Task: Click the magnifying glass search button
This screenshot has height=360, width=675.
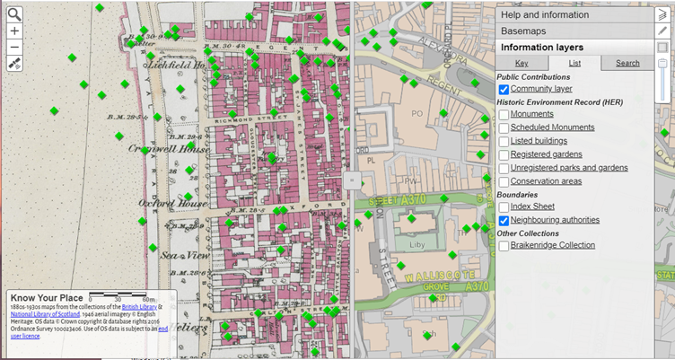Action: click(14, 13)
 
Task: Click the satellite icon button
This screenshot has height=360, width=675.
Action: click(14, 64)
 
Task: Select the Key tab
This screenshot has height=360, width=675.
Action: click(522, 63)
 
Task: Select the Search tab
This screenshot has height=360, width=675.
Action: click(627, 63)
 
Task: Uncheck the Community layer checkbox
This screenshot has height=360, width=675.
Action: click(504, 90)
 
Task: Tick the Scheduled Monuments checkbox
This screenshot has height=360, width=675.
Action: click(504, 127)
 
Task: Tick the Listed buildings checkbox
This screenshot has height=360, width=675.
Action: click(504, 141)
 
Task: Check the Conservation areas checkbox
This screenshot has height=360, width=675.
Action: click(504, 180)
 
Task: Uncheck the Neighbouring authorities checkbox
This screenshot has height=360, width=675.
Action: click(504, 220)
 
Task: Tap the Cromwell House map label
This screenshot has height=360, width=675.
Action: click(158, 148)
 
